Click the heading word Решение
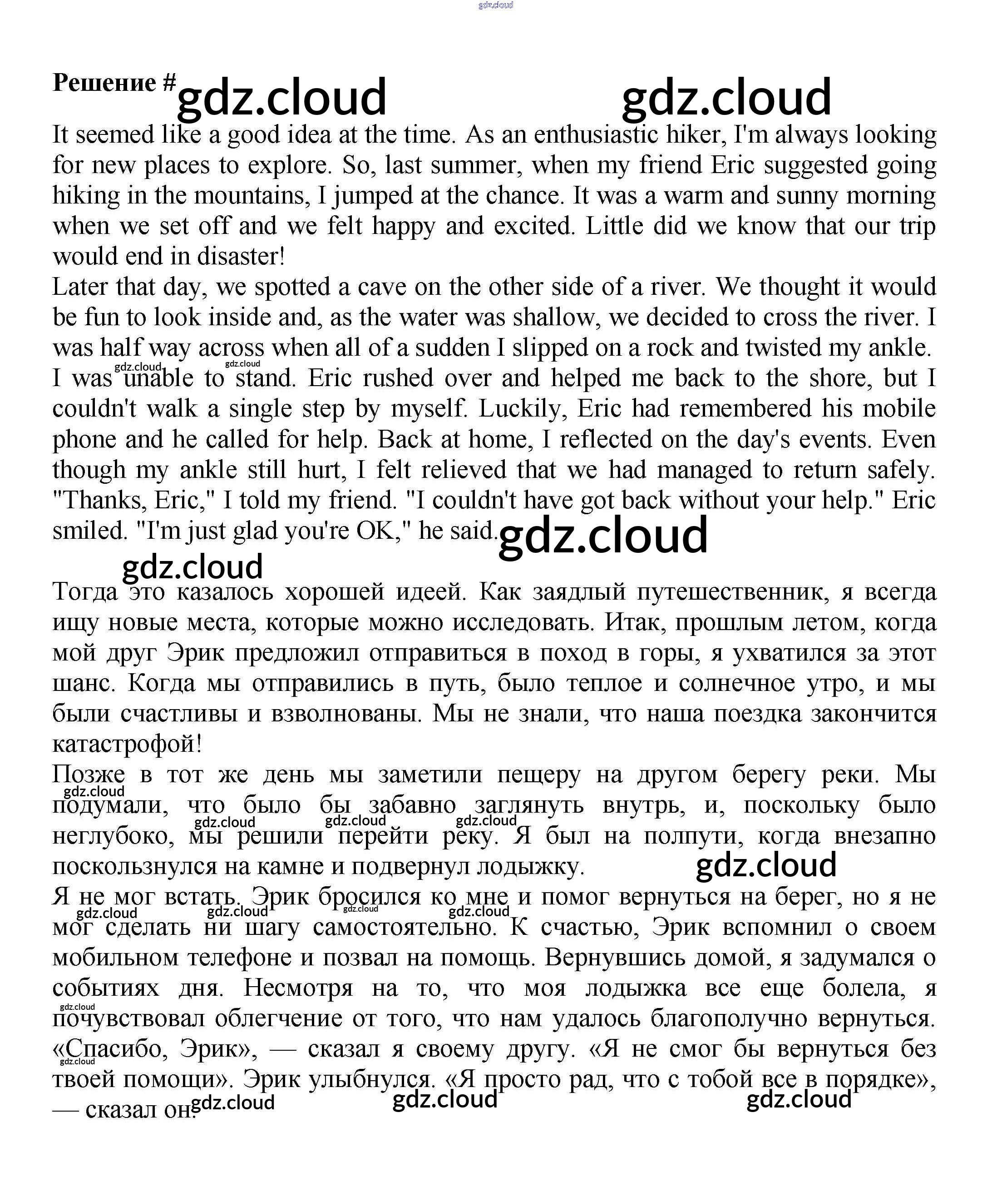coord(104,83)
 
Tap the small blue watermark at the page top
coord(495,5)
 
